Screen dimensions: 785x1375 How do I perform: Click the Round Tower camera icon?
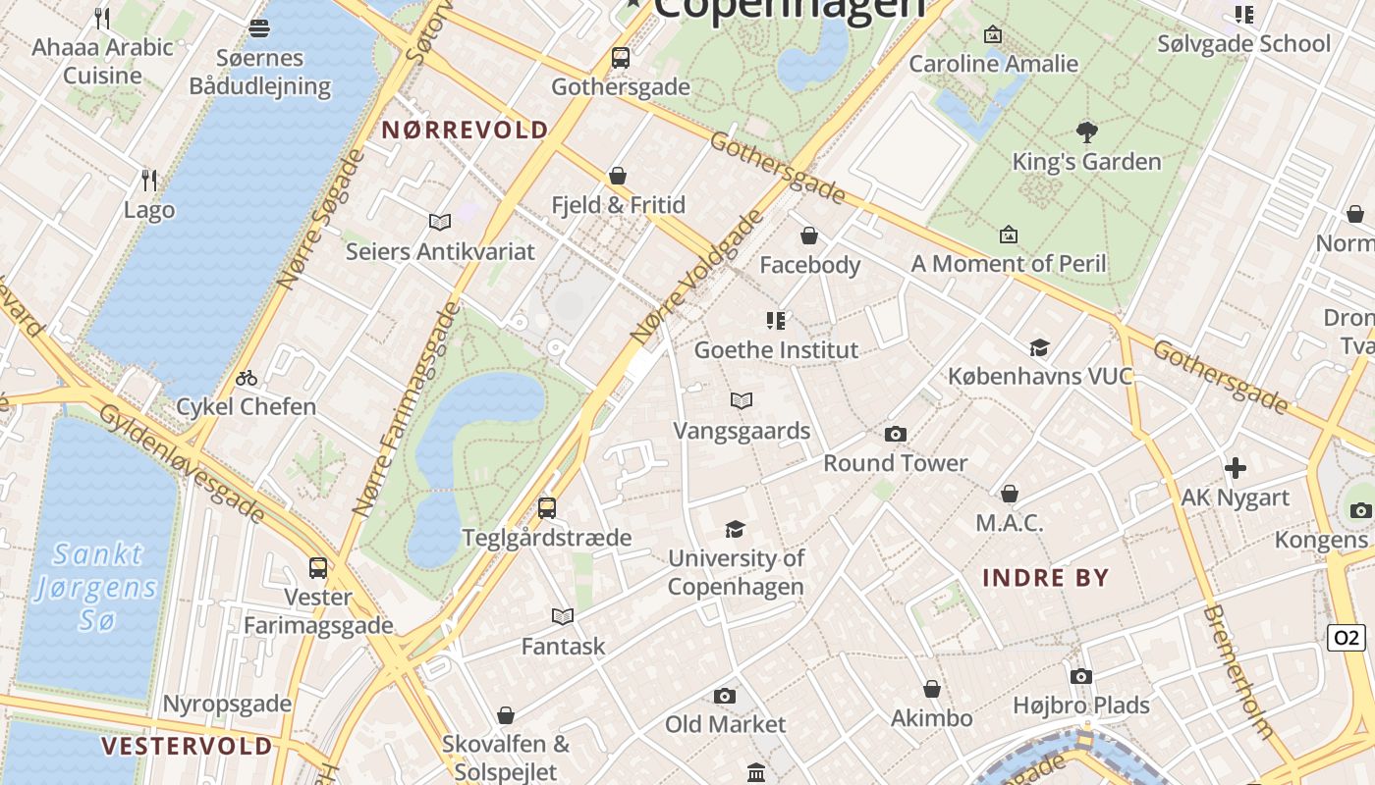tap(895, 434)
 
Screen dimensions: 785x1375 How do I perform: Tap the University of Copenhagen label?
tap(736, 572)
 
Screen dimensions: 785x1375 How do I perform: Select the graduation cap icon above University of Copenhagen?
tap(735, 530)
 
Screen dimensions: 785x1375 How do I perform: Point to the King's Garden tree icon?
tap(1086, 132)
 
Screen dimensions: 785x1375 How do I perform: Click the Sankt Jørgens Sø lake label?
tap(96, 587)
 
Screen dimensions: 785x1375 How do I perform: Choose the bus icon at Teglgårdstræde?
tap(547, 508)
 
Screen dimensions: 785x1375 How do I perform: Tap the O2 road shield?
tap(1346, 638)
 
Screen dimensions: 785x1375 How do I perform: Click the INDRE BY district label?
tap(1046, 578)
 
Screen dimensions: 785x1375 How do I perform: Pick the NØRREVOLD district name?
tap(465, 131)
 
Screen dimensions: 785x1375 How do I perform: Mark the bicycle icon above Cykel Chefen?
tap(247, 378)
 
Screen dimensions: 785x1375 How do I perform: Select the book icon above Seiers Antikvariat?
tap(440, 223)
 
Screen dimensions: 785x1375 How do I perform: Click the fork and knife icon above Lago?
tap(149, 180)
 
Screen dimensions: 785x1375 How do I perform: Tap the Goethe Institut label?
tap(776, 350)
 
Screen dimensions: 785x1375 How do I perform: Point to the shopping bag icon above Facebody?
tap(809, 235)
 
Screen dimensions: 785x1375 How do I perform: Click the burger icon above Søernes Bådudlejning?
tap(259, 28)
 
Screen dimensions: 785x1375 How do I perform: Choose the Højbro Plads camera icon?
tap(1080, 676)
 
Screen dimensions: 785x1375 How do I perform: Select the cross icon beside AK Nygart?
tap(1235, 468)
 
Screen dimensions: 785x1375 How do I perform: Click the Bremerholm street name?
tap(1239, 672)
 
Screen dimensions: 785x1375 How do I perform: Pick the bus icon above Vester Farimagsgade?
tap(318, 567)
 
